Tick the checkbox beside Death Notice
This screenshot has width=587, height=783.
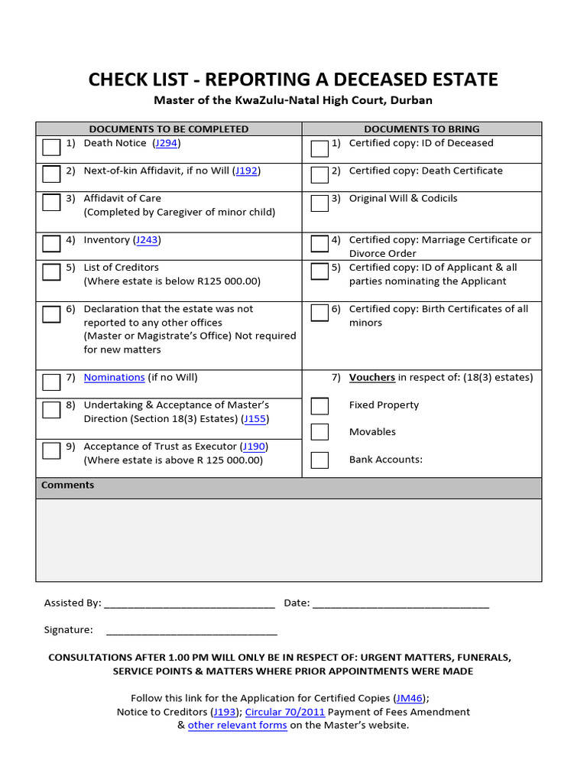(51, 147)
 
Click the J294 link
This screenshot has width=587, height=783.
(167, 143)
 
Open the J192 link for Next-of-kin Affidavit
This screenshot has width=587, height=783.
(246, 171)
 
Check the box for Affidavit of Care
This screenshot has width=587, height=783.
(51, 202)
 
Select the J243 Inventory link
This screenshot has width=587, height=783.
(147, 240)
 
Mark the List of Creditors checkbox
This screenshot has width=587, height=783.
(51, 271)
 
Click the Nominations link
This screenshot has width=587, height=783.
(114, 377)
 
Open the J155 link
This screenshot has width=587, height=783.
(255, 419)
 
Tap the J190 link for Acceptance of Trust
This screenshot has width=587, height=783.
(254, 447)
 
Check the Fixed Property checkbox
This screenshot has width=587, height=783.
(319, 405)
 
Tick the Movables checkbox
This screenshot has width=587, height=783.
(319, 432)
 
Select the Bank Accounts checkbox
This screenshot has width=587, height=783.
(319, 460)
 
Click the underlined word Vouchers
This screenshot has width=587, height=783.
(372, 377)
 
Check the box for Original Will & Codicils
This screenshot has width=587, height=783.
(319, 202)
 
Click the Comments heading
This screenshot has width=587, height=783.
(68, 486)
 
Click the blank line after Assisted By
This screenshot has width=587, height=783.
(189, 604)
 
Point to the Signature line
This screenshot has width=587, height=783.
(191, 631)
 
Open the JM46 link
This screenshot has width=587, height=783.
(409, 698)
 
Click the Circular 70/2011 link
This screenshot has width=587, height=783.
(285, 712)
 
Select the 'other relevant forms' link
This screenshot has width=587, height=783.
(237, 726)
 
